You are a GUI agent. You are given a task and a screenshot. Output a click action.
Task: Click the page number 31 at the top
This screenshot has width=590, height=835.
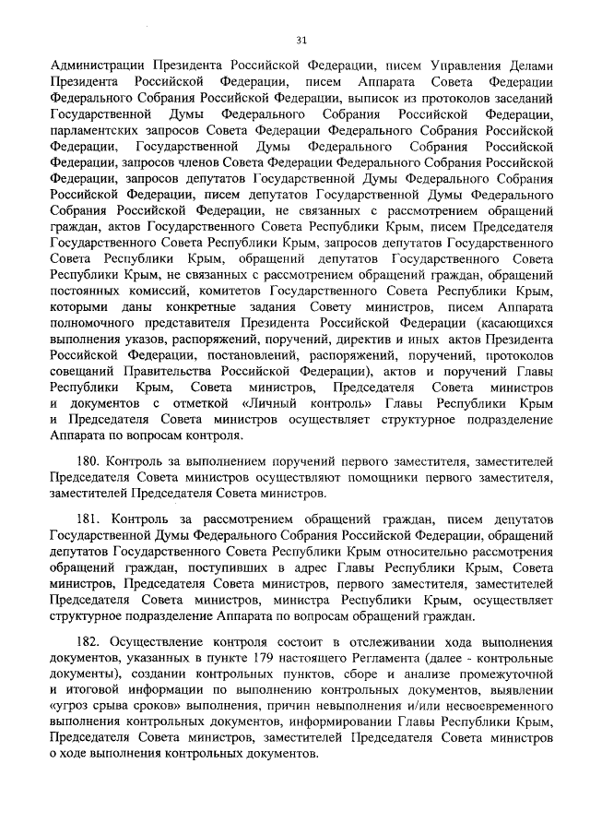[x=301, y=41]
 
